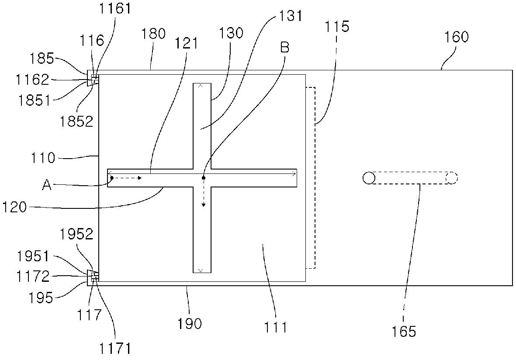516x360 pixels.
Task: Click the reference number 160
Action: (x=457, y=37)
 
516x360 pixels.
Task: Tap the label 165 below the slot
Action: (x=404, y=332)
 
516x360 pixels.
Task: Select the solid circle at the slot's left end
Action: (x=369, y=178)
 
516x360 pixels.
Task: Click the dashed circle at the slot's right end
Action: (x=452, y=178)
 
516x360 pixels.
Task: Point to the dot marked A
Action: (x=112, y=178)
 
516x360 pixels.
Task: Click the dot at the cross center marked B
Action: (x=203, y=178)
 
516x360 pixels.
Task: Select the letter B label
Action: (x=284, y=48)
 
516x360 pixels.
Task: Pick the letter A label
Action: (x=47, y=186)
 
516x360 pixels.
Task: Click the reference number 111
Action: (x=276, y=327)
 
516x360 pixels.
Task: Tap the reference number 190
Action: (x=190, y=324)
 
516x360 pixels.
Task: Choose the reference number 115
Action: (x=337, y=27)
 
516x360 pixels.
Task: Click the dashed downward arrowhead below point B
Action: (x=203, y=205)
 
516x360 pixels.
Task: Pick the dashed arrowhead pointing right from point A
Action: (x=140, y=178)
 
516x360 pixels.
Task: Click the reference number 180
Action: (x=154, y=34)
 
